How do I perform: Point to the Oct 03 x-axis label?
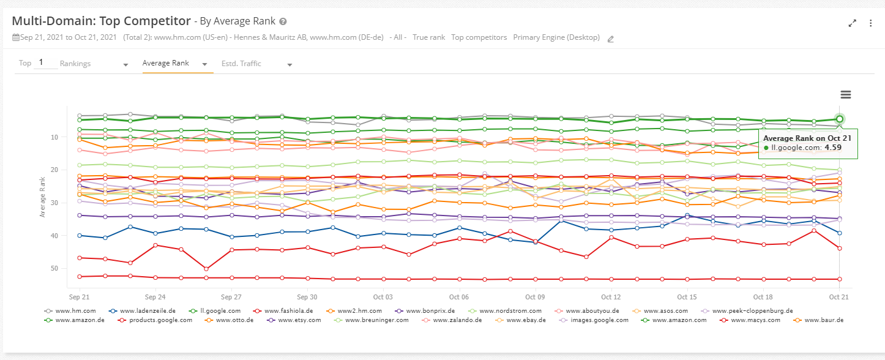tap(383, 296)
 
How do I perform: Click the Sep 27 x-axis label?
tap(231, 296)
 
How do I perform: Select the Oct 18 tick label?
tap(763, 296)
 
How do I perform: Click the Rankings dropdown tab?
tap(75, 64)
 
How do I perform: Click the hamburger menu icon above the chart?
tap(846, 94)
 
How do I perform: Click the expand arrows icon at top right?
tap(852, 23)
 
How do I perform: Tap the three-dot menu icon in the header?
tap(870, 23)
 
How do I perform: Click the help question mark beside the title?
tap(283, 21)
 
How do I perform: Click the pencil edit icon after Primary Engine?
tap(610, 39)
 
